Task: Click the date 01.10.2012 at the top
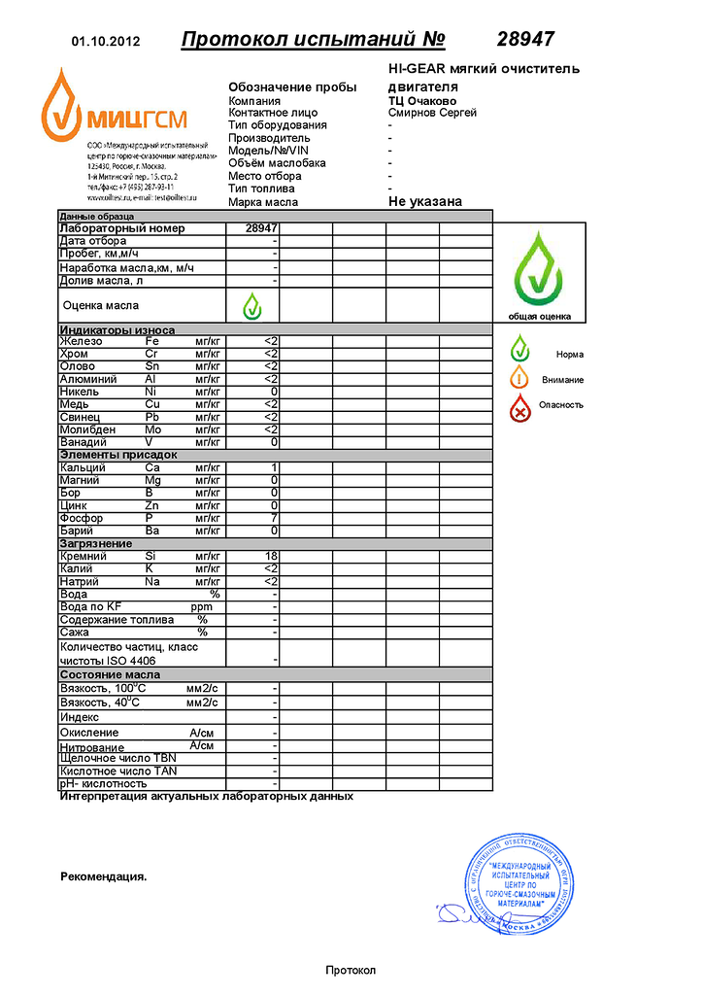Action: click(107, 42)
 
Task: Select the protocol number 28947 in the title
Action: click(525, 40)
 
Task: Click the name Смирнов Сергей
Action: click(432, 113)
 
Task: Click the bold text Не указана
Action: click(424, 202)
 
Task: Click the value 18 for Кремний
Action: click(272, 557)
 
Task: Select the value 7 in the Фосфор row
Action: click(275, 519)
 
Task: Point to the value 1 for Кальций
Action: click(275, 468)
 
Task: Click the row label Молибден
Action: click(87, 429)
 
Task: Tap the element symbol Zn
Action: click(152, 506)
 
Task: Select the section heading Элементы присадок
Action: click(118, 455)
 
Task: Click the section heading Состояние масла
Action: click(110, 674)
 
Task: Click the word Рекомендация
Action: click(103, 876)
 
